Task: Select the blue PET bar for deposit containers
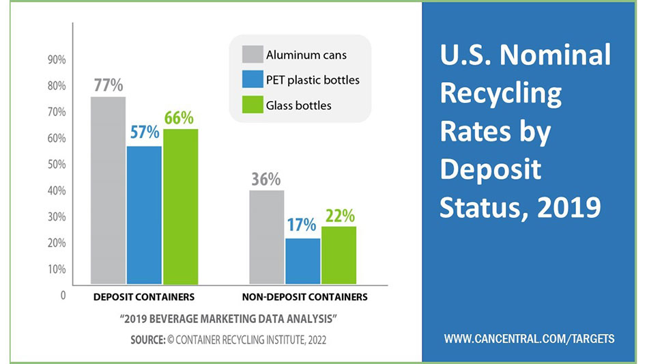pyautogui.click(x=144, y=215)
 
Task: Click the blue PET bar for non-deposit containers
pyautogui.click(x=302, y=261)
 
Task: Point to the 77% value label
pyautogui.click(x=108, y=85)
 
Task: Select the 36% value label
pyautogui.click(x=265, y=179)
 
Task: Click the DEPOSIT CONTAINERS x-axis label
pyautogui.click(x=144, y=297)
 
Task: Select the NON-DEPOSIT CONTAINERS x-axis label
pyautogui.click(x=304, y=297)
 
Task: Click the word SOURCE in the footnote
pyautogui.click(x=147, y=339)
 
